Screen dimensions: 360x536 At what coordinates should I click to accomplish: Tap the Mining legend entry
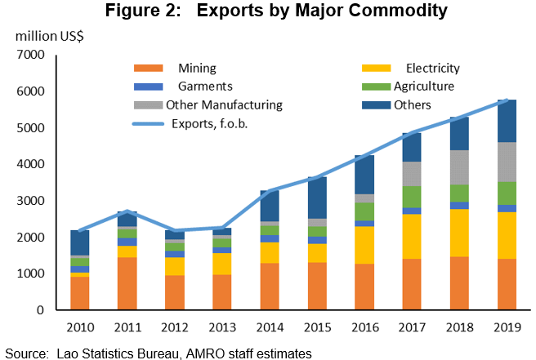point(196,68)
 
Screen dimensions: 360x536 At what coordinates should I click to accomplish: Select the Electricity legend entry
point(432,68)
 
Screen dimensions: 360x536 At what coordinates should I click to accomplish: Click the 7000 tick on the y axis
point(29,56)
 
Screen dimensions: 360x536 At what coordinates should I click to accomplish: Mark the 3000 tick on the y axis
point(29,201)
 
